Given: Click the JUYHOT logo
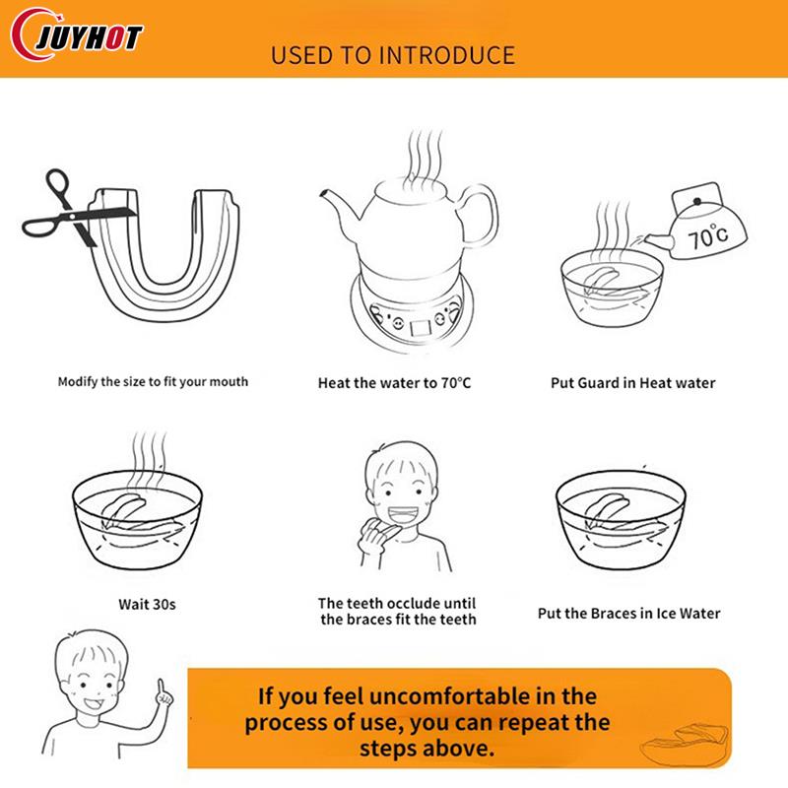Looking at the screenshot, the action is click(77, 35).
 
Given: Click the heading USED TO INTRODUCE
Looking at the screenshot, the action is click(393, 55).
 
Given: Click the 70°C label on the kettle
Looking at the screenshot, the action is click(707, 235).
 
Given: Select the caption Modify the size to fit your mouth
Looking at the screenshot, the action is click(153, 382).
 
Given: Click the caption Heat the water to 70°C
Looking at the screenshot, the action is click(395, 383).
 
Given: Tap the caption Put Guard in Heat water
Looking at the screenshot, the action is click(632, 383).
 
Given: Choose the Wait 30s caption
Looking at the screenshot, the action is click(147, 604).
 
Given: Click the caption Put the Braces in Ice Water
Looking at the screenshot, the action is click(628, 614).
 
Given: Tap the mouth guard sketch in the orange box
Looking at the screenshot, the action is click(685, 744).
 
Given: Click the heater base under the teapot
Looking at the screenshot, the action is click(413, 311).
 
